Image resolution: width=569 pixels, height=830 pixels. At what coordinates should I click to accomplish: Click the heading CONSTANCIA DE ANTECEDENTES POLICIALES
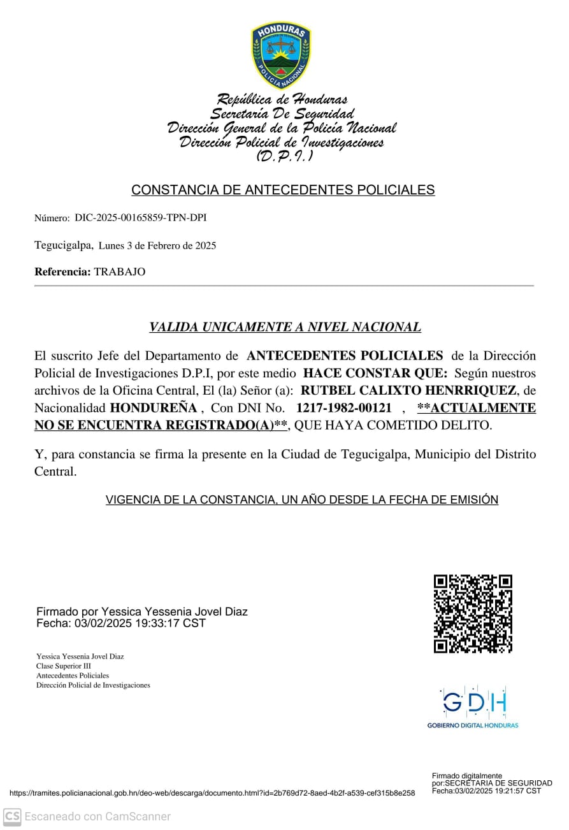point(283,190)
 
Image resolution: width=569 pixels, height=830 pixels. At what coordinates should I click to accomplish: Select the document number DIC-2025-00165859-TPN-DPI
point(140,218)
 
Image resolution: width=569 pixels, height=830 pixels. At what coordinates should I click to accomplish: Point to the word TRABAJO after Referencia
point(120,272)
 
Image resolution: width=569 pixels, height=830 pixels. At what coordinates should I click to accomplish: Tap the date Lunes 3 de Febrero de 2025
point(157,245)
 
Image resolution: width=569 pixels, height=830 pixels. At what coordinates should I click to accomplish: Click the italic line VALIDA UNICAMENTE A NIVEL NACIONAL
point(285,327)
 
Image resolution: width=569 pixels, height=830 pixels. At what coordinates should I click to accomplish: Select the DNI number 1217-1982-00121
point(344,407)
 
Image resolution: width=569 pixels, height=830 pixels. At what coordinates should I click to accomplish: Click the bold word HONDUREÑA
point(154,407)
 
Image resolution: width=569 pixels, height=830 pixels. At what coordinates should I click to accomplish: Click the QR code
point(473,614)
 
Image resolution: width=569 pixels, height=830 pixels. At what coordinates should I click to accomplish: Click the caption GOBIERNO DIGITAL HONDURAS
point(472,725)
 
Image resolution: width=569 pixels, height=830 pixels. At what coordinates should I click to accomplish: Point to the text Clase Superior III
point(64,666)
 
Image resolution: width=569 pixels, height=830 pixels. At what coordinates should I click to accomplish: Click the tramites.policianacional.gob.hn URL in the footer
point(212,793)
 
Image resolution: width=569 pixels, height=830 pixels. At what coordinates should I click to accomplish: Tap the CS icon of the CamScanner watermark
point(12,817)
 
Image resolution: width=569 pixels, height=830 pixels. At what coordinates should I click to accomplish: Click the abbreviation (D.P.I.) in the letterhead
point(284,156)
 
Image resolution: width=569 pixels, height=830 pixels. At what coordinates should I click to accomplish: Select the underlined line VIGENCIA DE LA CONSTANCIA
point(301,500)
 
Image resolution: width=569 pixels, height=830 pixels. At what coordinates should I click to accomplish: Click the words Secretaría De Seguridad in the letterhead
point(282,114)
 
